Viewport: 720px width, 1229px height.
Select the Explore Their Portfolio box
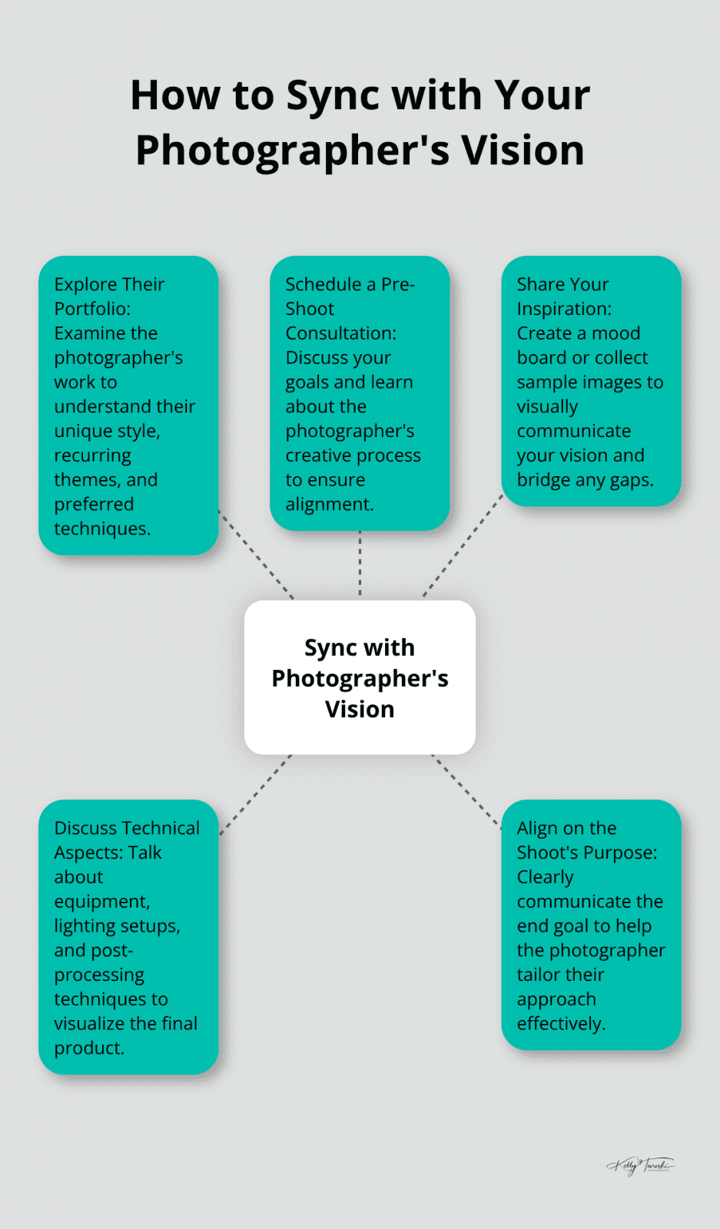128,406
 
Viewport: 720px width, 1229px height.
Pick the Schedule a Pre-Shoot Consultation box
360,393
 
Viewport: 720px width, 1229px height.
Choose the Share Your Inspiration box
591,381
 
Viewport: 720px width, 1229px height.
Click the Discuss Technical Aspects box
128,937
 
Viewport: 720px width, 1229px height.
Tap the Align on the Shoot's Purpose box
591,925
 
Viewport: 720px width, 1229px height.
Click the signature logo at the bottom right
640,1165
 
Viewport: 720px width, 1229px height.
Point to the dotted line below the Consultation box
360,565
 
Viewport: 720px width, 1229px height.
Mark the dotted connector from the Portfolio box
256,555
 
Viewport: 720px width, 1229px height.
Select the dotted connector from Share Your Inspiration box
462,546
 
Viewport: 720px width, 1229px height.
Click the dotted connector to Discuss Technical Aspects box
256,795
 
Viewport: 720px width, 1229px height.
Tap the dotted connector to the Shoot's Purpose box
466,791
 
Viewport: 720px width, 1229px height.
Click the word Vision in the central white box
360,709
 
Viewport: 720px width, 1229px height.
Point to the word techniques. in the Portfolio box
102,528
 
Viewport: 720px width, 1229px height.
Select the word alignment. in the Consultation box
330,504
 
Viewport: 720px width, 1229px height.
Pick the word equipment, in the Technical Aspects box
102,901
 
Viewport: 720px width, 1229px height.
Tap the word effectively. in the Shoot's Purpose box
561,1023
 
